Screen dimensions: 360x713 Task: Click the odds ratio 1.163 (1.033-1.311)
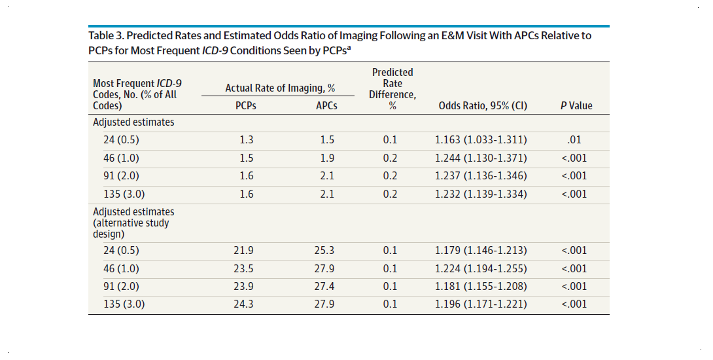click(x=481, y=140)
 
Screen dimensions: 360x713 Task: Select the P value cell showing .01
click(x=576, y=140)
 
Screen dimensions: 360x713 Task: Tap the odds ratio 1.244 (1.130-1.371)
click(x=481, y=158)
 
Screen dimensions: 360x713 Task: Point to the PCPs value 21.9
click(x=245, y=251)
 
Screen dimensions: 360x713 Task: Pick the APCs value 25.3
click(x=326, y=251)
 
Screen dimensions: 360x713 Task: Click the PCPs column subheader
click(x=245, y=106)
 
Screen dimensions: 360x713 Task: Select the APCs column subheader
click(x=326, y=106)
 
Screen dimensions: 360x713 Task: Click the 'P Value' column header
click(x=576, y=106)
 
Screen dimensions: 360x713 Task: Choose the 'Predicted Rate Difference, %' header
click(x=392, y=89)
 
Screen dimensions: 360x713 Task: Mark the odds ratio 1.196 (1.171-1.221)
click(x=481, y=304)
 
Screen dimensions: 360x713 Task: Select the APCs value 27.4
click(x=326, y=287)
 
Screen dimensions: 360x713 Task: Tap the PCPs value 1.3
click(x=245, y=140)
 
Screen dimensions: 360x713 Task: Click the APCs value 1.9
click(x=326, y=158)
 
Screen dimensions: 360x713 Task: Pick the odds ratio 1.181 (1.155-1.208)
click(x=481, y=287)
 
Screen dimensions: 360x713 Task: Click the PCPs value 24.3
click(x=245, y=304)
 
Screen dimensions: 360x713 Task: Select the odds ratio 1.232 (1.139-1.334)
click(x=481, y=194)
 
